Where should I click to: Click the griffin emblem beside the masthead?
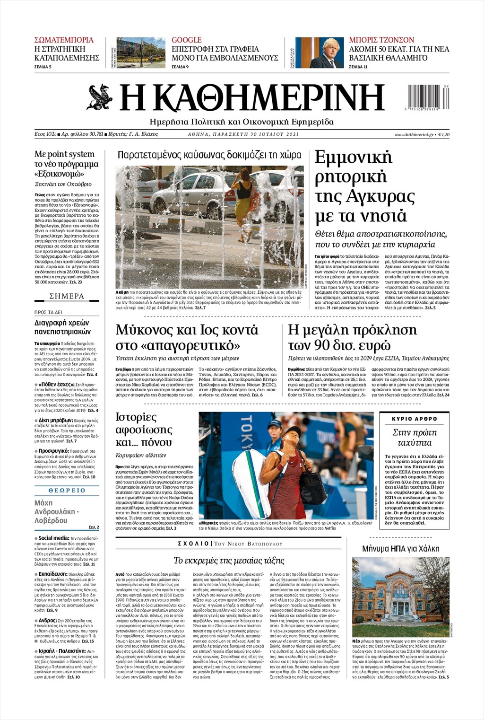[x=100, y=97]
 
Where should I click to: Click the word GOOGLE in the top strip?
[x=186, y=40]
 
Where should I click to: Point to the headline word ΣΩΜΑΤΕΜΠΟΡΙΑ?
[x=64, y=40]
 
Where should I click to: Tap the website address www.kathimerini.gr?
[x=414, y=134]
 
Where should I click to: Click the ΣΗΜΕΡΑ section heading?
[x=67, y=296]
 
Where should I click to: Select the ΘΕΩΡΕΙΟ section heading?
[x=67, y=490]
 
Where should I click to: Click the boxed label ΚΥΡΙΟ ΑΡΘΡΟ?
[x=415, y=419]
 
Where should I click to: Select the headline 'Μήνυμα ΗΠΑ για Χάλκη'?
[x=400, y=549]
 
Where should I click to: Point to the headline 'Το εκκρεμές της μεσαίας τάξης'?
[x=229, y=561]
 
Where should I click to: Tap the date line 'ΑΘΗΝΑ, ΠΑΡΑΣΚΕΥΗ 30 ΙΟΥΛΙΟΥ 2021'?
[x=243, y=134]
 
